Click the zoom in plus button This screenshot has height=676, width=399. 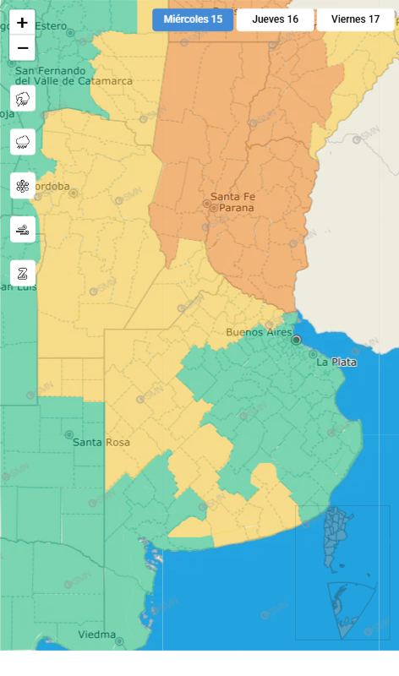[22, 23]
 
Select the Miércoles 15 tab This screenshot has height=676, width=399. [193, 19]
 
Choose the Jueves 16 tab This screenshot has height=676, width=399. [275, 19]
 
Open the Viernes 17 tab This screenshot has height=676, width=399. [355, 19]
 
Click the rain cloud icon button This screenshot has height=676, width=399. [23, 142]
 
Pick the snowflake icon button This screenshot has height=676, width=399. [23, 185]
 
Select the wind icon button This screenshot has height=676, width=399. [23, 229]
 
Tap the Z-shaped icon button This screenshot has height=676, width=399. [23, 272]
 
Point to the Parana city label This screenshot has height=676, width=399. [236, 208]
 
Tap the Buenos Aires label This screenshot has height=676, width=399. [258, 332]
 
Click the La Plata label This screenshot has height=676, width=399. [336, 362]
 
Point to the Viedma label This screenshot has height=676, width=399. [96, 635]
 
